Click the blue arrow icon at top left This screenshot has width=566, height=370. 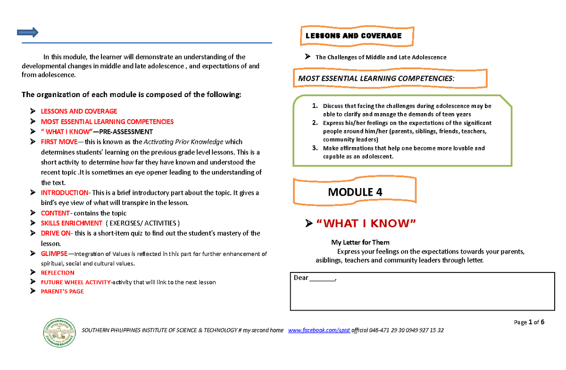27,32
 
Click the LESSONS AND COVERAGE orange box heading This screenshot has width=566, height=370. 354,36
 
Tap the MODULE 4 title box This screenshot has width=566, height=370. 355,192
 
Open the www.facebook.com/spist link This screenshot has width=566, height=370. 319,330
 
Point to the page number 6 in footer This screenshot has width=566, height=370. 542,322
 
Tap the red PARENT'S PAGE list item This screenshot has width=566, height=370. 62,291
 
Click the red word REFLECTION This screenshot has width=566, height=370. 58,272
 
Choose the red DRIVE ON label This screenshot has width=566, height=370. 56,233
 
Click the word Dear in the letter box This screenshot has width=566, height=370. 301,278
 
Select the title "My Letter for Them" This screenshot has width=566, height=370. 360,243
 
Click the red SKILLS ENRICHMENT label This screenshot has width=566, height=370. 72,223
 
